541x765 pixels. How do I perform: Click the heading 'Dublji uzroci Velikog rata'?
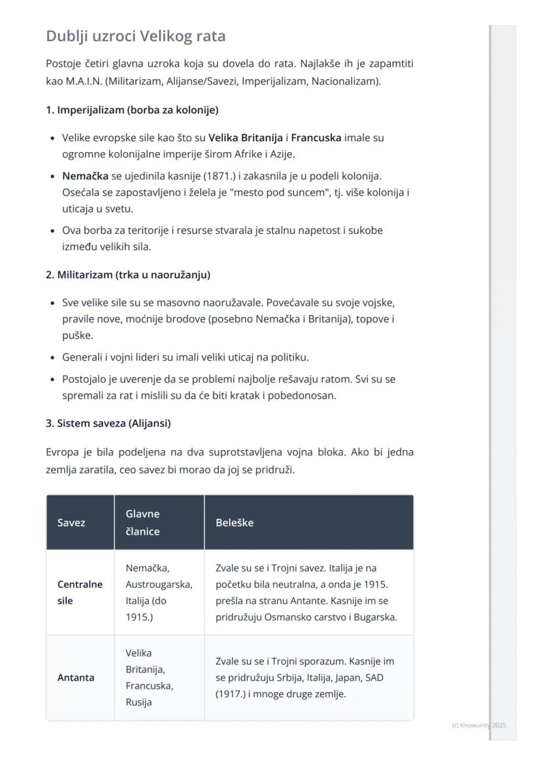[136, 36]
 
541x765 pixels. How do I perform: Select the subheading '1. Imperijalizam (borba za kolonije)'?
[132, 110]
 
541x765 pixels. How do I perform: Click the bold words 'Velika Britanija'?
[246, 138]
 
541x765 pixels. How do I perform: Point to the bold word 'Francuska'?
[316, 138]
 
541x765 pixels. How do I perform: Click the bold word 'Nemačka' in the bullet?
[85, 176]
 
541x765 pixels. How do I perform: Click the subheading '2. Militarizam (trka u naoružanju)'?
[128, 275]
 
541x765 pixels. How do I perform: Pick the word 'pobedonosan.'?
[306, 395]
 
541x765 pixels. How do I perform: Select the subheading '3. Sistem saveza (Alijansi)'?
[108, 423]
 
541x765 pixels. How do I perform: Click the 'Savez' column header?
[71, 523]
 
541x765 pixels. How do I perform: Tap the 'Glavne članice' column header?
[142, 523]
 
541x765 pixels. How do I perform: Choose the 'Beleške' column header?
[235, 523]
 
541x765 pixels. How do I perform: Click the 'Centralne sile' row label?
[80, 593]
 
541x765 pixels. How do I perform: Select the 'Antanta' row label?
[76, 677]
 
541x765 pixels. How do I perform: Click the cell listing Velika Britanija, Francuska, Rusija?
[150, 677]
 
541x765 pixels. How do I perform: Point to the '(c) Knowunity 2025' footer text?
[479, 725]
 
